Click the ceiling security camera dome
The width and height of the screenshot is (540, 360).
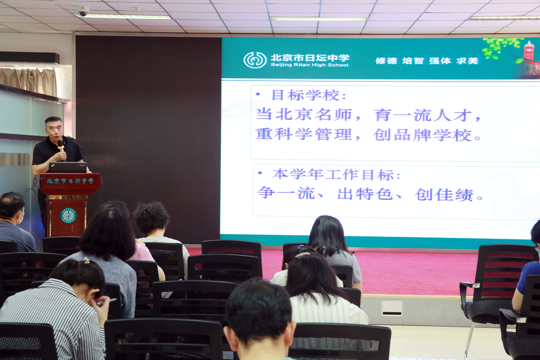click(x=83, y=11)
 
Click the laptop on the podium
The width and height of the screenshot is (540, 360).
click(x=68, y=167)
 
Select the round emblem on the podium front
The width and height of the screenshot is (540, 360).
click(x=68, y=216)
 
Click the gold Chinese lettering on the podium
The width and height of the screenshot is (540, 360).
click(x=70, y=181)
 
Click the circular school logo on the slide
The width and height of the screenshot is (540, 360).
click(x=255, y=60)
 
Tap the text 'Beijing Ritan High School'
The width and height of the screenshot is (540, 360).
click(x=310, y=65)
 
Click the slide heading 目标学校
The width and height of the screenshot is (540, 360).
click(x=305, y=95)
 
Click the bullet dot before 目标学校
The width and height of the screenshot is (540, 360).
click(x=258, y=94)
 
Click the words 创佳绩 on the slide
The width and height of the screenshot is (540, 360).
click(x=444, y=194)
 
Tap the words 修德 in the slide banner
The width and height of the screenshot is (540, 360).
click(x=386, y=61)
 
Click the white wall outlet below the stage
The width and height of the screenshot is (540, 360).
click(x=392, y=308)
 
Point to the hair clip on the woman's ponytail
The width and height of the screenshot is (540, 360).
click(x=302, y=255)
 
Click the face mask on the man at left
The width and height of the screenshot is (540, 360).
click(x=21, y=218)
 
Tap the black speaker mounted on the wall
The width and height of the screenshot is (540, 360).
click(x=30, y=57)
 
